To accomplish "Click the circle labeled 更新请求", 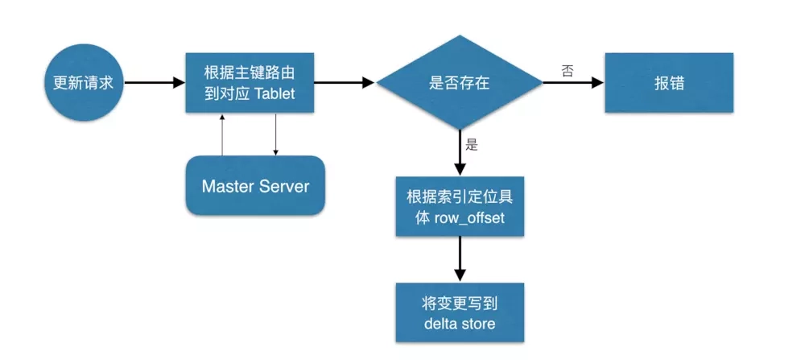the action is point(83,83).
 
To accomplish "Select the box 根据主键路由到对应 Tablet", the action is point(250,83).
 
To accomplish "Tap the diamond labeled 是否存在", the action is point(459,82).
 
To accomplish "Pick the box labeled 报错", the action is point(669,83).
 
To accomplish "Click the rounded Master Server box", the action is point(255,185).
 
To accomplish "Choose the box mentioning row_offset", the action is point(460,206).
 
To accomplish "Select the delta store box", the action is point(460,312).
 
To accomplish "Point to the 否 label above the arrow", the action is point(567,71).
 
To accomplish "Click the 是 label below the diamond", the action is point(472,145).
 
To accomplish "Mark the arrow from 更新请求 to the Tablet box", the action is point(155,83).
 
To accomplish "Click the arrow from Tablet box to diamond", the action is point(345,83).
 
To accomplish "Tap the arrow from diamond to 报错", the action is point(573,83).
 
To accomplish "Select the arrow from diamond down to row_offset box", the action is point(460,153).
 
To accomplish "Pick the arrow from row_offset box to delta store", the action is point(460,259).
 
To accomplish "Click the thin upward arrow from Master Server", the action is point(222,134).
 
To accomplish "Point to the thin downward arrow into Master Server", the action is point(275,134).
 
